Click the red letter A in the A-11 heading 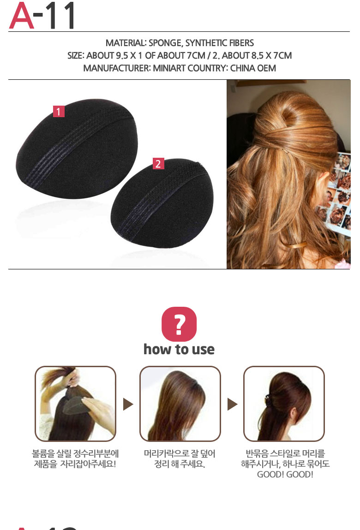(x=21, y=16)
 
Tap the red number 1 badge (x=59, y=111)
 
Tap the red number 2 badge (x=158, y=164)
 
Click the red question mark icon (x=179, y=324)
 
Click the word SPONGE (x=166, y=43)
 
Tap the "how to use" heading (x=179, y=349)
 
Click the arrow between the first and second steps (x=128, y=404)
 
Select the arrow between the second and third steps (x=233, y=404)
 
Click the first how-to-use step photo (x=75, y=404)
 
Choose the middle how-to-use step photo (x=180, y=404)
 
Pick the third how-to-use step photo (x=284, y=404)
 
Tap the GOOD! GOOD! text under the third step (x=285, y=474)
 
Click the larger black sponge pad (x=77, y=149)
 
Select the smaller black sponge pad (x=162, y=203)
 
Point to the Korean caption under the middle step (x=180, y=459)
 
